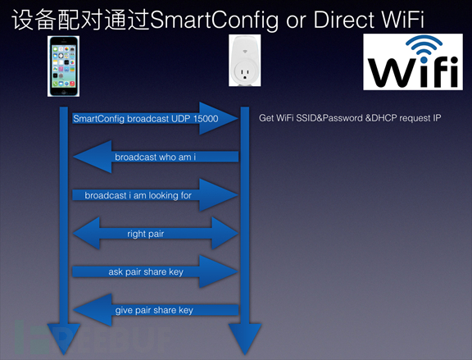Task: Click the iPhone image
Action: coord(64,66)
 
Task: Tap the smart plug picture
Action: coord(245,60)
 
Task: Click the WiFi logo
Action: coord(413,62)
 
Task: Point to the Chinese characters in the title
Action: coord(80,20)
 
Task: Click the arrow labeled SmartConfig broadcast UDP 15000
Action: coord(156,118)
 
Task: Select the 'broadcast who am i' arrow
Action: coord(156,157)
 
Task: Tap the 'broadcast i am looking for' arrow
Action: coord(156,195)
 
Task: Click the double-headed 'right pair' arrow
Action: coord(156,233)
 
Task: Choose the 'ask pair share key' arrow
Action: coord(156,271)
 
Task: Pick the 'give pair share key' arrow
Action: coord(156,310)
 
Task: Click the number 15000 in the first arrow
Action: coord(206,119)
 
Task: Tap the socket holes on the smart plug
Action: coord(244,74)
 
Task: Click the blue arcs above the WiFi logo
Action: coord(424,45)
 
